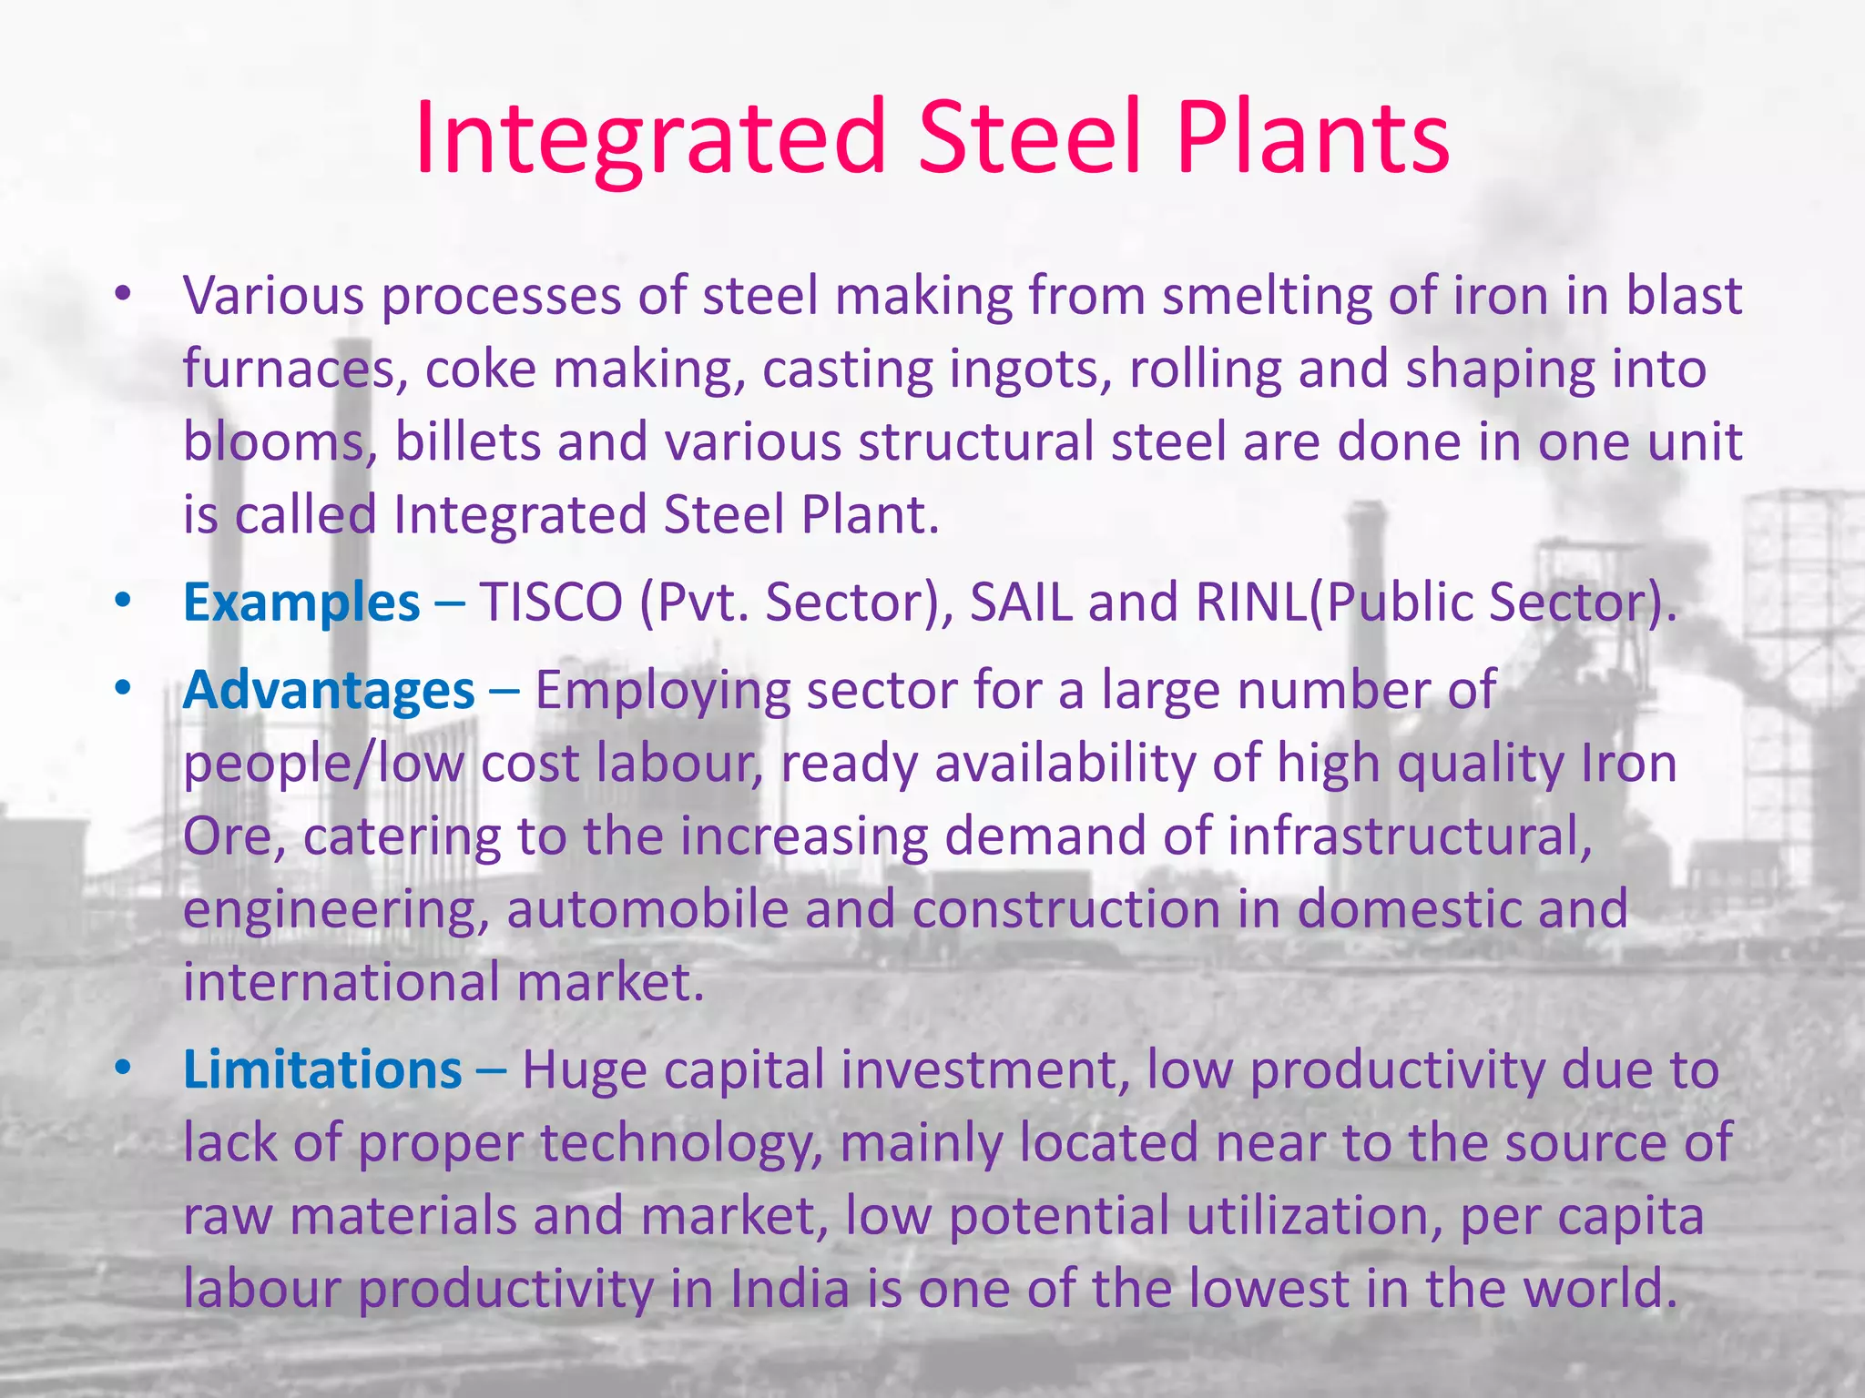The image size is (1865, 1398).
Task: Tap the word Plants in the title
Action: tap(1312, 138)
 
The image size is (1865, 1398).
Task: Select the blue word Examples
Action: tap(301, 603)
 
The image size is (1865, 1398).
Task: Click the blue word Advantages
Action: tap(329, 691)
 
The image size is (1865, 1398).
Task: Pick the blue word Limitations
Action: tap(322, 1069)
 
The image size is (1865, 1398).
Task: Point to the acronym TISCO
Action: tap(551, 603)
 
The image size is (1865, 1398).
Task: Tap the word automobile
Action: tap(647, 909)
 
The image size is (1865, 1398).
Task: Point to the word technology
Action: tap(681, 1144)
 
